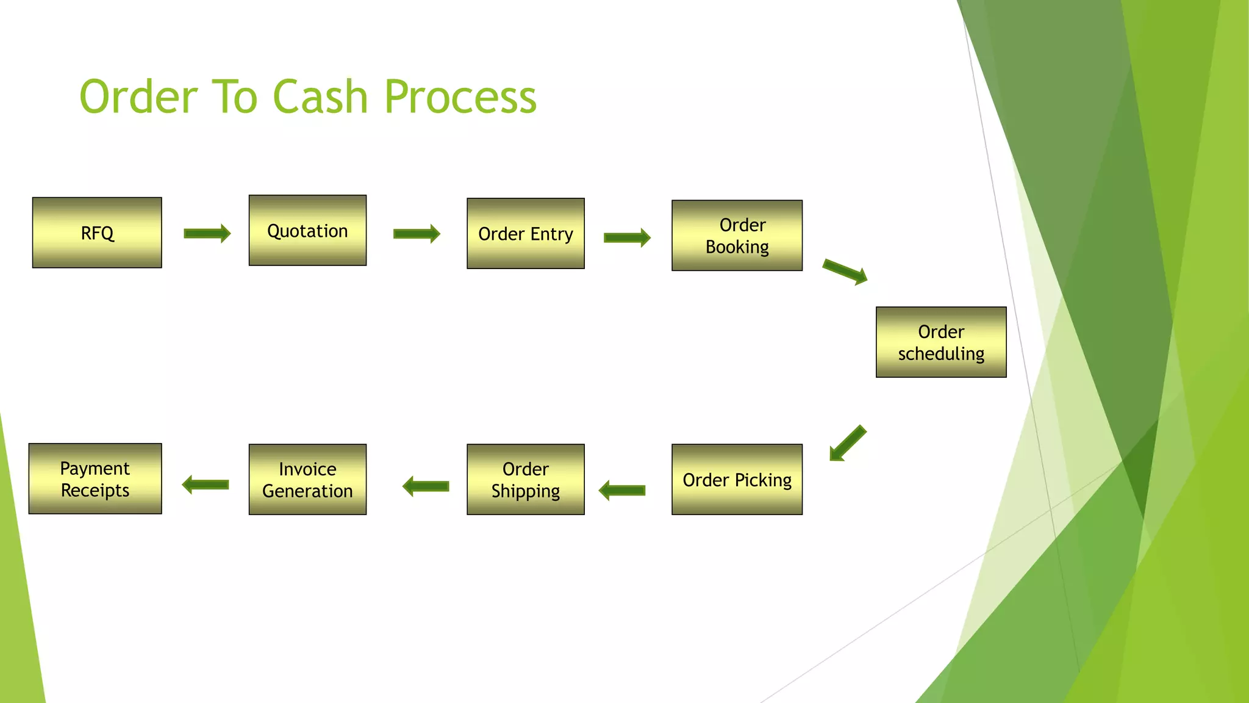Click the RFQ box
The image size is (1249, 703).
click(97, 233)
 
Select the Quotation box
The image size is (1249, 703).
click(307, 231)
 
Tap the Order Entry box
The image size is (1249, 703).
click(526, 234)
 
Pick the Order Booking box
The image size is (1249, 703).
click(737, 236)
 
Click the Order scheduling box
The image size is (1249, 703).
click(941, 342)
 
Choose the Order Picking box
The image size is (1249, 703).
click(737, 480)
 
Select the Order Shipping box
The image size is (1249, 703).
click(526, 480)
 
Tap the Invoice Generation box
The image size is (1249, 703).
click(307, 480)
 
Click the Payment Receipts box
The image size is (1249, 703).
click(95, 479)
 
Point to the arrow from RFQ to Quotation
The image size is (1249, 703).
click(207, 233)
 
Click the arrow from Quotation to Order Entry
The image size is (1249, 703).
click(417, 233)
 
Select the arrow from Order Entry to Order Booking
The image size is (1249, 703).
click(627, 237)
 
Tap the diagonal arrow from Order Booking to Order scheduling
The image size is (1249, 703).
click(845, 272)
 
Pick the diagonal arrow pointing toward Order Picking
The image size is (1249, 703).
click(848, 443)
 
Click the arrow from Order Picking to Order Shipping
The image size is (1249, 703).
click(622, 490)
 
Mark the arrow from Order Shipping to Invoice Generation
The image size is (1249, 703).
click(426, 486)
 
